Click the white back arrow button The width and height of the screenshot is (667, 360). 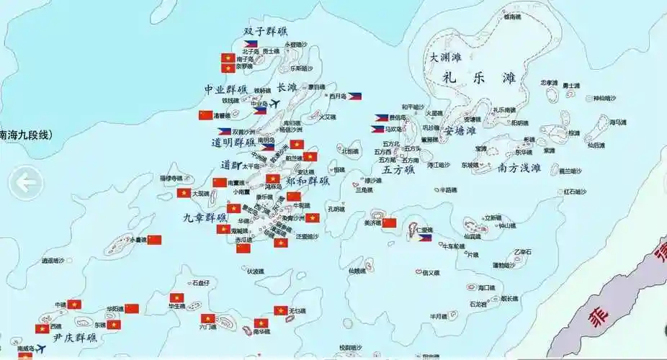tap(26, 184)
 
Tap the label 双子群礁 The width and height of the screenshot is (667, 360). tap(265, 32)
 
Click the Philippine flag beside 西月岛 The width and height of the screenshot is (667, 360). tap(354, 96)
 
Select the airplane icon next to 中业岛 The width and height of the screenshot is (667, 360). tap(274, 104)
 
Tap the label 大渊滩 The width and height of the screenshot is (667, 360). tap(445, 57)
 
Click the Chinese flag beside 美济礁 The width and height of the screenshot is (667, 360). tap(389, 223)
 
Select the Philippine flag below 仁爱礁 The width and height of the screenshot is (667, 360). tap(425, 238)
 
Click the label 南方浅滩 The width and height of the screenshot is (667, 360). tap(529, 168)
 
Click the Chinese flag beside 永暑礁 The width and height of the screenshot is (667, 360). tap(154, 240)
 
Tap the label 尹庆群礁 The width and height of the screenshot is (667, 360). tap(75, 337)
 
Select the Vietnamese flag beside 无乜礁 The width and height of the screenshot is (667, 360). tap(280, 310)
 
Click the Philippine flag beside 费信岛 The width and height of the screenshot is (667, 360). tap(381, 117)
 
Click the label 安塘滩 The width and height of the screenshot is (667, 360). tap(460, 131)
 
